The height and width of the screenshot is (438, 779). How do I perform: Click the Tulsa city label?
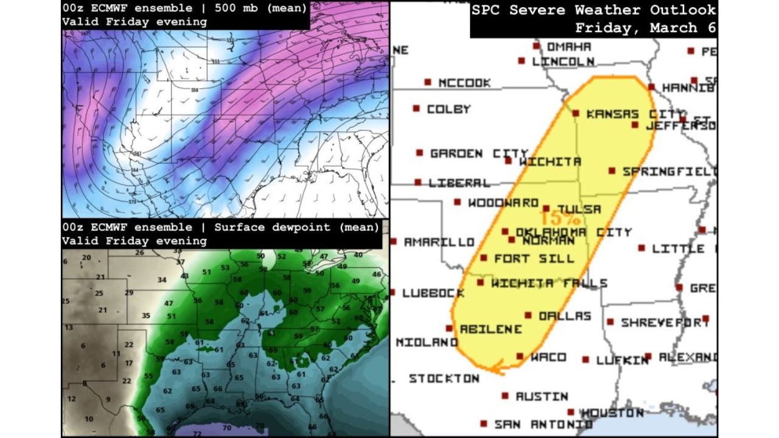pyautogui.click(x=579, y=209)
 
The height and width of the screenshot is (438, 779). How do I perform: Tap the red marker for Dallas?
pyautogui.click(x=528, y=316)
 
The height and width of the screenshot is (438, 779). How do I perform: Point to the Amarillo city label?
pyautogui.click(x=439, y=242)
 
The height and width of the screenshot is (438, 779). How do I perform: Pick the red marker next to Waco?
pyautogui.click(x=520, y=356)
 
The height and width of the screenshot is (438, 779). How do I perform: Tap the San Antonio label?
pyautogui.click(x=543, y=424)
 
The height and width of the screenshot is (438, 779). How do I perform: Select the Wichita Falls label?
pyautogui.click(x=549, y=283)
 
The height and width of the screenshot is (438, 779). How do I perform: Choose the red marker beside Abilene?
pyautogui.click(x=449, y=328)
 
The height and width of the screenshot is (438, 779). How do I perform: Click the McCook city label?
pyautogui.click(x=464, y=83)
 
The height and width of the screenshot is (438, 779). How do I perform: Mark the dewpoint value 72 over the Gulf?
pyautogui.click(x=197, y=433)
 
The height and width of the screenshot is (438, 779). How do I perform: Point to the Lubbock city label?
pyautogui.click(x=433, y=293)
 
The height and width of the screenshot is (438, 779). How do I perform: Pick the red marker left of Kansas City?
pyautogui.click(x=576, y=113)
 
